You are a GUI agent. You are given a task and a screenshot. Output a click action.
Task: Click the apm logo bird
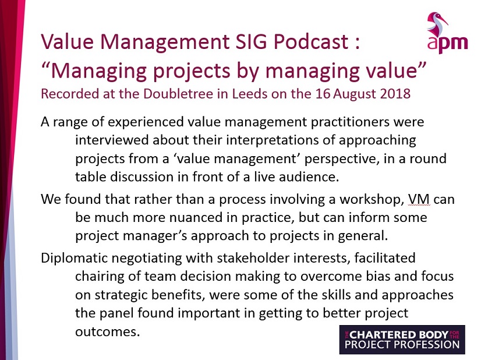[436, 24]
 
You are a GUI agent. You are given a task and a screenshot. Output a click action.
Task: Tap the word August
[355, 94]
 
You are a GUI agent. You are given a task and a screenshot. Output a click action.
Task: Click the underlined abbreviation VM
[419, 199]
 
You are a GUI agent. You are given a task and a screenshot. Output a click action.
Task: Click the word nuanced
[200, 218]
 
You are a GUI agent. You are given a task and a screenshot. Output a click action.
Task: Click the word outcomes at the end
[107, 332]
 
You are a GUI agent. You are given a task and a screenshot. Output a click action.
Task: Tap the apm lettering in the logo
[448, 44]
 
